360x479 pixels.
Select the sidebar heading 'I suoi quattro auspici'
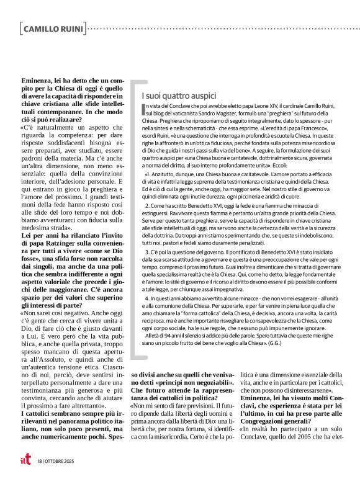179,96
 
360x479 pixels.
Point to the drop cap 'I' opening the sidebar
144,110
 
